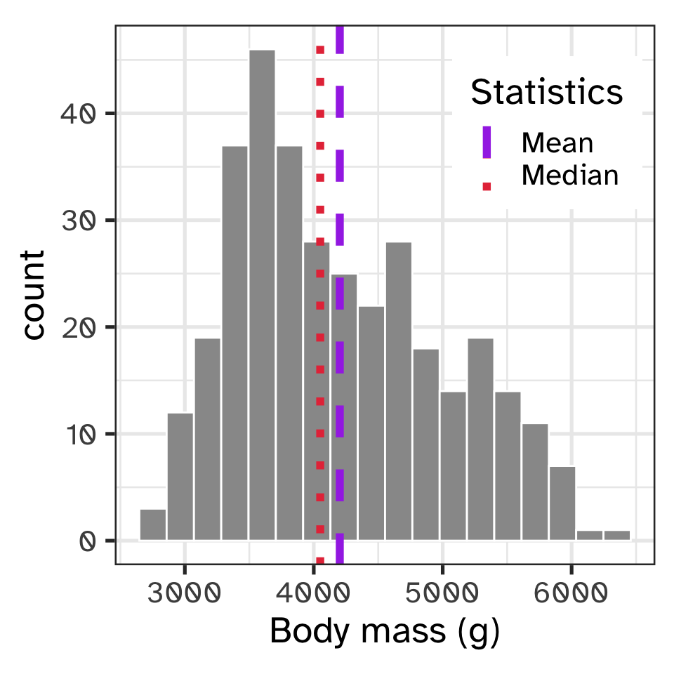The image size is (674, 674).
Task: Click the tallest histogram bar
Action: click(x=262, y=295)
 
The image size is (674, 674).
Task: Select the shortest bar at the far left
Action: click(x=152, y=524)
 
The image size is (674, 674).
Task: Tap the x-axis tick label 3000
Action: click(x=184, y=594)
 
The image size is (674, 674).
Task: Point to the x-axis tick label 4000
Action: click(x=313, y=594)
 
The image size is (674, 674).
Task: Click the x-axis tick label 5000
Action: click(x=442, y=594)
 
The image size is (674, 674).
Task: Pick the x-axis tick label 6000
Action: click(x=571, y=594)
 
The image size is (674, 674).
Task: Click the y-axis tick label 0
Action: click(x=87, y=541)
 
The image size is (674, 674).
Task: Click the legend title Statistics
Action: click(x=546, y=93)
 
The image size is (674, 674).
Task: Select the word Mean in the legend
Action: click(x=557, y=143)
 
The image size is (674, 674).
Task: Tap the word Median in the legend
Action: click(x=569, y=175)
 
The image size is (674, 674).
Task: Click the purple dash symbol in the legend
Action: click(x=486, y=143)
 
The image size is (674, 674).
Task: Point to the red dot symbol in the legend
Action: click(x=486, y=186)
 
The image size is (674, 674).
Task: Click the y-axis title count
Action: click(x=33, y=295)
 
